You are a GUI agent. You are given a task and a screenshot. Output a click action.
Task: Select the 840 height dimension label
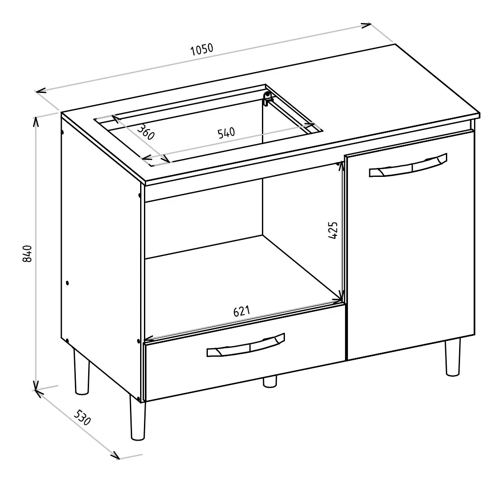tap(28, 254)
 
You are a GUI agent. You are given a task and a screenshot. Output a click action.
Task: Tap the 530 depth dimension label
tap(83, 418)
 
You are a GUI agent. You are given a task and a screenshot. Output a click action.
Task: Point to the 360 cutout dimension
tap(146, 132)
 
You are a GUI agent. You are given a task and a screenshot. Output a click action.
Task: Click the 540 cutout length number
tap(227, 133)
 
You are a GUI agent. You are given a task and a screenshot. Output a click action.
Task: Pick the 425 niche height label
tap(333, 230)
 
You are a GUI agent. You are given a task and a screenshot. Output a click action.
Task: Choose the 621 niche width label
tap(241, 311)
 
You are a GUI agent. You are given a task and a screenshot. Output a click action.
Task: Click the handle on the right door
tap(408, 165)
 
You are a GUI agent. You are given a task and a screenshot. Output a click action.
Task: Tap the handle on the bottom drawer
tap(246, 345)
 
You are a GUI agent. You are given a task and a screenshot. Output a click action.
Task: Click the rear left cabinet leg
tap(82, 372)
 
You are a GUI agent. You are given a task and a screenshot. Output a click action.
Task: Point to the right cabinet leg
tap(453, 357)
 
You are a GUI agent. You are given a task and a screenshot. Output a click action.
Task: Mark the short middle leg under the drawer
tap(270, 381)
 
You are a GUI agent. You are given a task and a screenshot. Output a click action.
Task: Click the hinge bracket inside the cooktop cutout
tap(267, 99)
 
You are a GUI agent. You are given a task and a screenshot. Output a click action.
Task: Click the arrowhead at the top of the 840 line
tap(36, 121)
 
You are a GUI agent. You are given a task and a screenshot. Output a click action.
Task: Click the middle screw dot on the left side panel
tap(67, 283)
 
